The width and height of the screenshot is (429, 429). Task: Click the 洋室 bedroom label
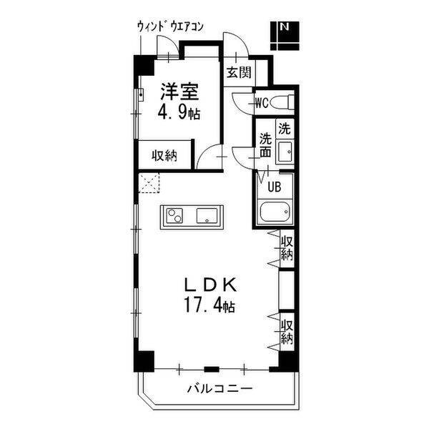(179, 92)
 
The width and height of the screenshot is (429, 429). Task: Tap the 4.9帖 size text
(179, 113)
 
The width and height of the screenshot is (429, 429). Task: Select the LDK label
(210, 285)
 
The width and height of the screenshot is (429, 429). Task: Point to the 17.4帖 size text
(209, 305)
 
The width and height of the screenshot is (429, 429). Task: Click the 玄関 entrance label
(239, 72)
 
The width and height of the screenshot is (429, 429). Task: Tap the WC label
(262, 103)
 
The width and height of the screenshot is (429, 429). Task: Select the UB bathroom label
(274, 187)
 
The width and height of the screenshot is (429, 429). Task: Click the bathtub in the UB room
(275, 212)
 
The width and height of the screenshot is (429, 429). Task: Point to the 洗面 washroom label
(265, 144)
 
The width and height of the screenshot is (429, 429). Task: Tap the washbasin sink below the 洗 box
(285, 152)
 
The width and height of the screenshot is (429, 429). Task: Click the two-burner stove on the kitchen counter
(175, 216)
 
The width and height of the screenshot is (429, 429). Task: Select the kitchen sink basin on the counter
(207, 216)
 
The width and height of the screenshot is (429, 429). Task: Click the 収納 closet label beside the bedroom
(164, 156)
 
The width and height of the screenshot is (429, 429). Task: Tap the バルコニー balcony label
(220, 388)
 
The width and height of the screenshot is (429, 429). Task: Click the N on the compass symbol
(285, 27)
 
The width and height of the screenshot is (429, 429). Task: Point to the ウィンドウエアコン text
(170, 27)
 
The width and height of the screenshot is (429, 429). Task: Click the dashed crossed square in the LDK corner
(149, 183)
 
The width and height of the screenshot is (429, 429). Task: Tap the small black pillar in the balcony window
(212, 370)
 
